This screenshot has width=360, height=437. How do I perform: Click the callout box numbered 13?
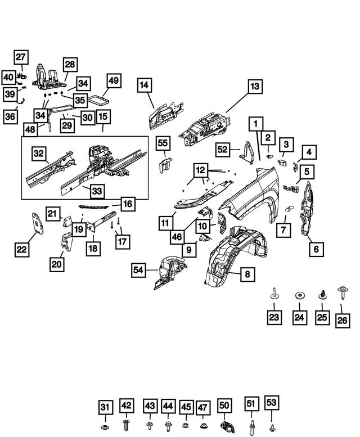[x=255, y=87]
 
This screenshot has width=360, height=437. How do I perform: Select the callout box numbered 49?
[x=113, y=81]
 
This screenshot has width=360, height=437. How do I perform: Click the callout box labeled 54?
[x=139, y=271]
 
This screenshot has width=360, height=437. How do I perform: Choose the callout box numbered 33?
[x=97, y=191]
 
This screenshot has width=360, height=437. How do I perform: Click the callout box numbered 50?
[x=224, y=406]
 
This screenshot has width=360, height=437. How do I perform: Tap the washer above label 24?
[x=299, y=295]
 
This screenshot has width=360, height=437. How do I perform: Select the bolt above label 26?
[x=342, y=293]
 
